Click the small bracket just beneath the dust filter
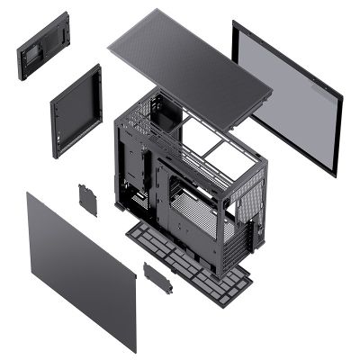[x=157, y=276]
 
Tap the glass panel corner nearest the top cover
[x=236, y=25]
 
